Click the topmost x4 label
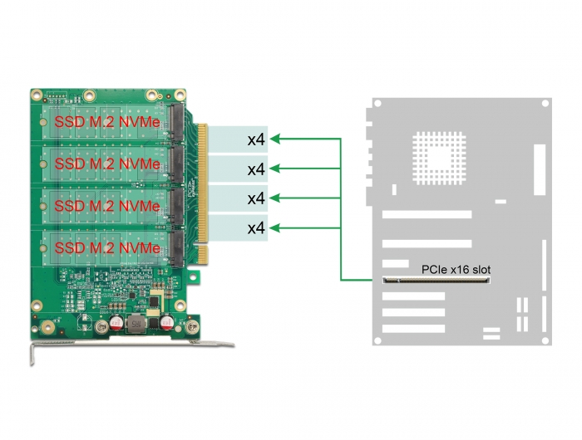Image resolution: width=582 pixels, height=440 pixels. (256, 139)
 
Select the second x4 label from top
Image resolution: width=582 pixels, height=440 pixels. (256, 169)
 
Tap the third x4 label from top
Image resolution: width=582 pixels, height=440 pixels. (256, 198)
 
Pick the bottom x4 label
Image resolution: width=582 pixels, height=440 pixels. (256, 227)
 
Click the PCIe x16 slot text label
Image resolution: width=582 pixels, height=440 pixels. (456, 270)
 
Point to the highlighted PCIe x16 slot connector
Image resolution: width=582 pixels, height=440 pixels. (436, 281)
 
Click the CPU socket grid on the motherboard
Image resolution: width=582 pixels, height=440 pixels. (439, 159)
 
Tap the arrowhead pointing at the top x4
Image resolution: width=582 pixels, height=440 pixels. (274, 139)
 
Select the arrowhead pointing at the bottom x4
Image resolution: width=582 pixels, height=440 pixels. (274, 227)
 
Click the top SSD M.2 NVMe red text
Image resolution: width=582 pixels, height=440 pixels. (107, 122)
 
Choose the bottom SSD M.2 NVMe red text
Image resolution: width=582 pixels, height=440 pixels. (107, 247)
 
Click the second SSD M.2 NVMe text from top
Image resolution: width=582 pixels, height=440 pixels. (107, 164)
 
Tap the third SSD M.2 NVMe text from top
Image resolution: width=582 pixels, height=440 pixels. (107, 206)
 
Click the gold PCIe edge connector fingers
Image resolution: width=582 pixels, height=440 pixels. (203, 193)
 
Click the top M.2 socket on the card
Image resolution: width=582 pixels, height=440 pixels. (176, 121)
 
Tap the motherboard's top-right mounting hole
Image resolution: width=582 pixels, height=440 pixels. (545, 104)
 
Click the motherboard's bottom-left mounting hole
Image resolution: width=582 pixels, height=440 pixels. (377, 340)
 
